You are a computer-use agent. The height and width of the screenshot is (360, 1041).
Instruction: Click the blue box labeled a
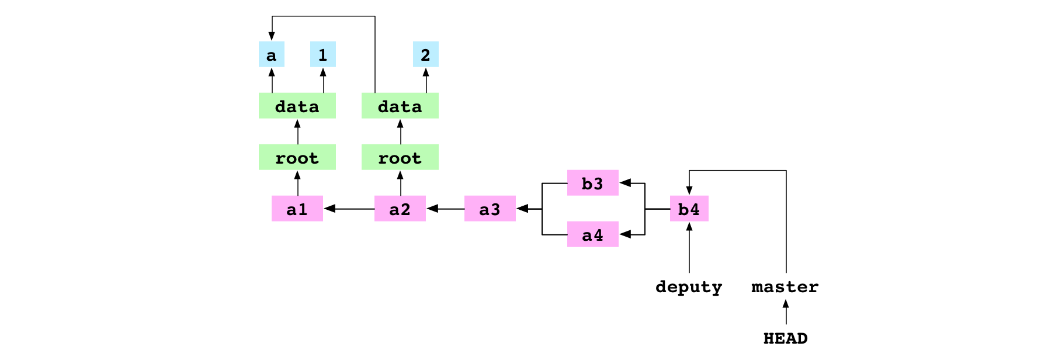pyautogui.click(x=272, y=54)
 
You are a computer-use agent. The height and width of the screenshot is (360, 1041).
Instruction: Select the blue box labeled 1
pyautogui.click(x=323, y=54)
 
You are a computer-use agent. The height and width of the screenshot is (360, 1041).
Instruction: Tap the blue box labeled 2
pyautogui.click(x=426, y=54)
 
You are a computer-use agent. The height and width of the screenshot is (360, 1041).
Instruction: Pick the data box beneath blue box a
pyautogui.click(x=297, y=106)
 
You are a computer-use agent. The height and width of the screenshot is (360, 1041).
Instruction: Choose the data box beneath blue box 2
pyautogui.click(x=400, y=106)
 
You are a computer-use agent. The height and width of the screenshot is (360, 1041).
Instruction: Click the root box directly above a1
pyautogui.click(x=297, y=157)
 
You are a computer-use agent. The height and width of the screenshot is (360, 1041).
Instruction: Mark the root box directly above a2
pyautogui.click(x=400, y=157)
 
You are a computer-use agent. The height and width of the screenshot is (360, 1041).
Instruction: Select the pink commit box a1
pyautogui.click(x=297, y=209)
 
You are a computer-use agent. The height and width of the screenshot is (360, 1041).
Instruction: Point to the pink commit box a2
pyautogui.click(x=400, y=209)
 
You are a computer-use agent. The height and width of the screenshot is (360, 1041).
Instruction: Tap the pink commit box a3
pyautogui.click(x=490, y=209)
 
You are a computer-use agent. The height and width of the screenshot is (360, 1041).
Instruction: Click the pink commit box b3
pyautogui.click(x=593, y=183)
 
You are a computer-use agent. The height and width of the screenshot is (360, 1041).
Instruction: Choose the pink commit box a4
pyautogui.click(x=593, y=234)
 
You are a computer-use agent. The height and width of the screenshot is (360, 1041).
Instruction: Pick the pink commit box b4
pyautogui.click(x=689, y=209)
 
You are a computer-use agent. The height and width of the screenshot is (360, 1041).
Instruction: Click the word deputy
pyautogui.click(x=689, y=286)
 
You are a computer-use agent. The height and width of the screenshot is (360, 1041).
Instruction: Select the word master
pyautogui.click(x=785, y=286)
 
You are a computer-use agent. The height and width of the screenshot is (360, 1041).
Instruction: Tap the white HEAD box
pyautogui.click(x=786, y=337)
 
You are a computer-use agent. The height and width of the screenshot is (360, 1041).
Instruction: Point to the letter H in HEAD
pyautogui.click(x=769, y=338)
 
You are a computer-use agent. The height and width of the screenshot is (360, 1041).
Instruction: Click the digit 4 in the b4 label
pyautogui.click(x=695, y=209)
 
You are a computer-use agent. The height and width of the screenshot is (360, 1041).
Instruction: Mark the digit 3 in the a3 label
pyautogui.click(x=495, y=209)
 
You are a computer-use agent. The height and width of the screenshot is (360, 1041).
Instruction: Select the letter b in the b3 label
pyautogui.click(x=587, y=184)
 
